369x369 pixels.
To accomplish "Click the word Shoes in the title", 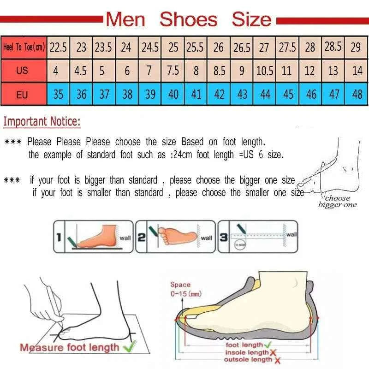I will [188, 19].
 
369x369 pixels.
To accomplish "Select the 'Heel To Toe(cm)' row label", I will [24, 47].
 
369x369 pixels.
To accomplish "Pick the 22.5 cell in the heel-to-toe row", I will [59, 47].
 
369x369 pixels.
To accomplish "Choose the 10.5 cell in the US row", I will [265, 71].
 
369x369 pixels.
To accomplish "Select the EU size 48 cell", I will [357, 95].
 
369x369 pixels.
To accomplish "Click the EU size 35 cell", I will [59, 95].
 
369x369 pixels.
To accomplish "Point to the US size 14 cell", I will [357, 71].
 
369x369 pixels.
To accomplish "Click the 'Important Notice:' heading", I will [42, 122].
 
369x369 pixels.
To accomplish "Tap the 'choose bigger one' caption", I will [337, 202].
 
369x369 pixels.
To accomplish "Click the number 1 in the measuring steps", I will [59, 238].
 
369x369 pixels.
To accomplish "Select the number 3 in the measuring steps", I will [223, 238].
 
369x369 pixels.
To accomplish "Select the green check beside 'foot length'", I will [268, 345].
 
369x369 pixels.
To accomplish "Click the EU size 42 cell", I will [220, 95].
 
